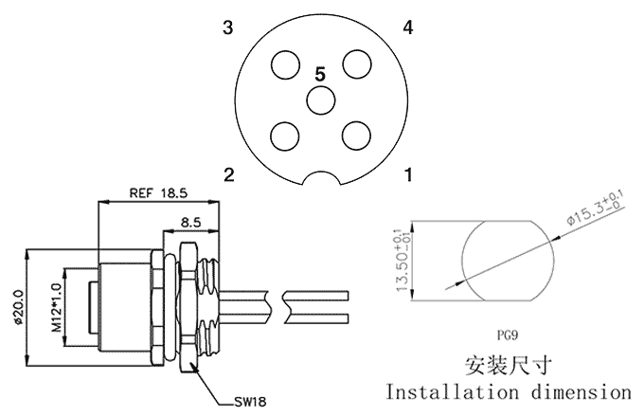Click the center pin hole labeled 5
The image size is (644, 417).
pos(320,100)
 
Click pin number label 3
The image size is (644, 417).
pos(227,27)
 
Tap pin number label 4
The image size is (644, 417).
pos(407,27)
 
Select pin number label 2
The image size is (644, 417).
pos(227,174)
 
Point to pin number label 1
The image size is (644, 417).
pos(407,174)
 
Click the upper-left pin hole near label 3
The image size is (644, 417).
pos(284,64)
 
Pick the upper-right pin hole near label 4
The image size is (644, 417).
pos(356,64)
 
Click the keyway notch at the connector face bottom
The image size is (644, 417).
pos(320,177)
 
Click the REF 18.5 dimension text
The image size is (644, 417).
pos(158,192)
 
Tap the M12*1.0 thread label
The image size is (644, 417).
pos(55,306)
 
